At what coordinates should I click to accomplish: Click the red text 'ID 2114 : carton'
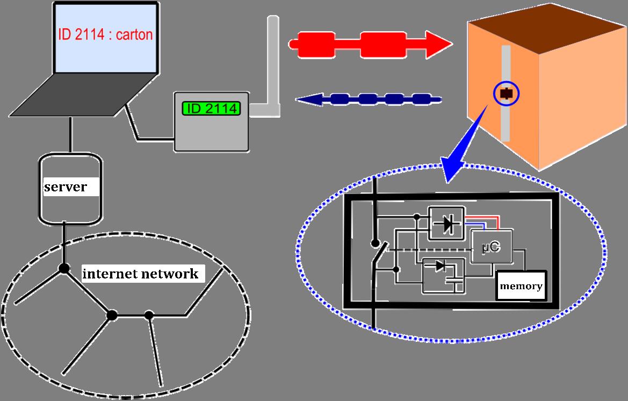pos(105,35)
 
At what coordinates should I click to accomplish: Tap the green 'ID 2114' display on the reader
pos(212,108)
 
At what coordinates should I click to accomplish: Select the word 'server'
pos(65,187)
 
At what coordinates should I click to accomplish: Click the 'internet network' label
pos(140,274)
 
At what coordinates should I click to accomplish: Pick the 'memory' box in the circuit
pos(521,285)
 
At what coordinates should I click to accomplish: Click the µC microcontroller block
pos(491,247)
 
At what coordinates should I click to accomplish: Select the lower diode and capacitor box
pos(443,275)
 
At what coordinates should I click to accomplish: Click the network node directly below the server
pos(64,268)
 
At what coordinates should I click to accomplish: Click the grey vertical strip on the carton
pos(506,124)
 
